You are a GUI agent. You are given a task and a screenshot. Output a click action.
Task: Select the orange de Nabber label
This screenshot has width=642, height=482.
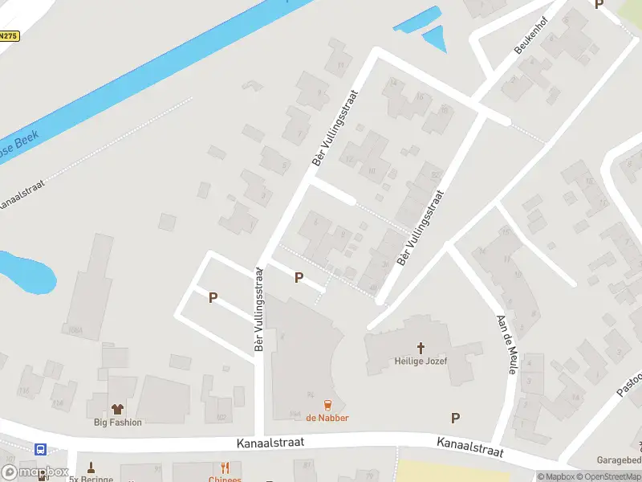tap(327, 418)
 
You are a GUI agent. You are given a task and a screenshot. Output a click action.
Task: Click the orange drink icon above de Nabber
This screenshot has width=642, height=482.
tap(327, 404)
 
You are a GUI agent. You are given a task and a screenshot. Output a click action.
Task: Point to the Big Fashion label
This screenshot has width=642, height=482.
tap(118, 423)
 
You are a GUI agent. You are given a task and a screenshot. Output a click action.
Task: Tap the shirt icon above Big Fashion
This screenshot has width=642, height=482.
tap(118, 409)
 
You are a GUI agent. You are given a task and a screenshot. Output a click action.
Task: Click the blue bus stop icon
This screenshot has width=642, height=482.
tap(40, 450)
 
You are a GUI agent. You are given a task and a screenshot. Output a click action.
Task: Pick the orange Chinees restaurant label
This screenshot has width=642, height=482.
tap(225, 479)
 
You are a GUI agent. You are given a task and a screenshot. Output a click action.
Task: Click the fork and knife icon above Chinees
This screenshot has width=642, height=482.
tap(226, 467)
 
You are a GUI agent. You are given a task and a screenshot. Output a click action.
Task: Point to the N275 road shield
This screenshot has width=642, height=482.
tap(8, 36)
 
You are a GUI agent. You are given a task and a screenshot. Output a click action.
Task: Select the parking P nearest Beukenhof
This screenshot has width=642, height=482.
tap(599, 4)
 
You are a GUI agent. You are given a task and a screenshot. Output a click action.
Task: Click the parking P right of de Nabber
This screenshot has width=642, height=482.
tap(455, 418)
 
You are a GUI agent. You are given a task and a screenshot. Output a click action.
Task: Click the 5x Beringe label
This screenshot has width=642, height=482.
tap(90, 479)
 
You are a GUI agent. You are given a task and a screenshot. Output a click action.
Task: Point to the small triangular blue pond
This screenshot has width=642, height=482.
tap(434, 38)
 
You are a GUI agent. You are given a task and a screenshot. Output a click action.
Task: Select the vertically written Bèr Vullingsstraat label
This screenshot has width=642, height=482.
tap(259, 309)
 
